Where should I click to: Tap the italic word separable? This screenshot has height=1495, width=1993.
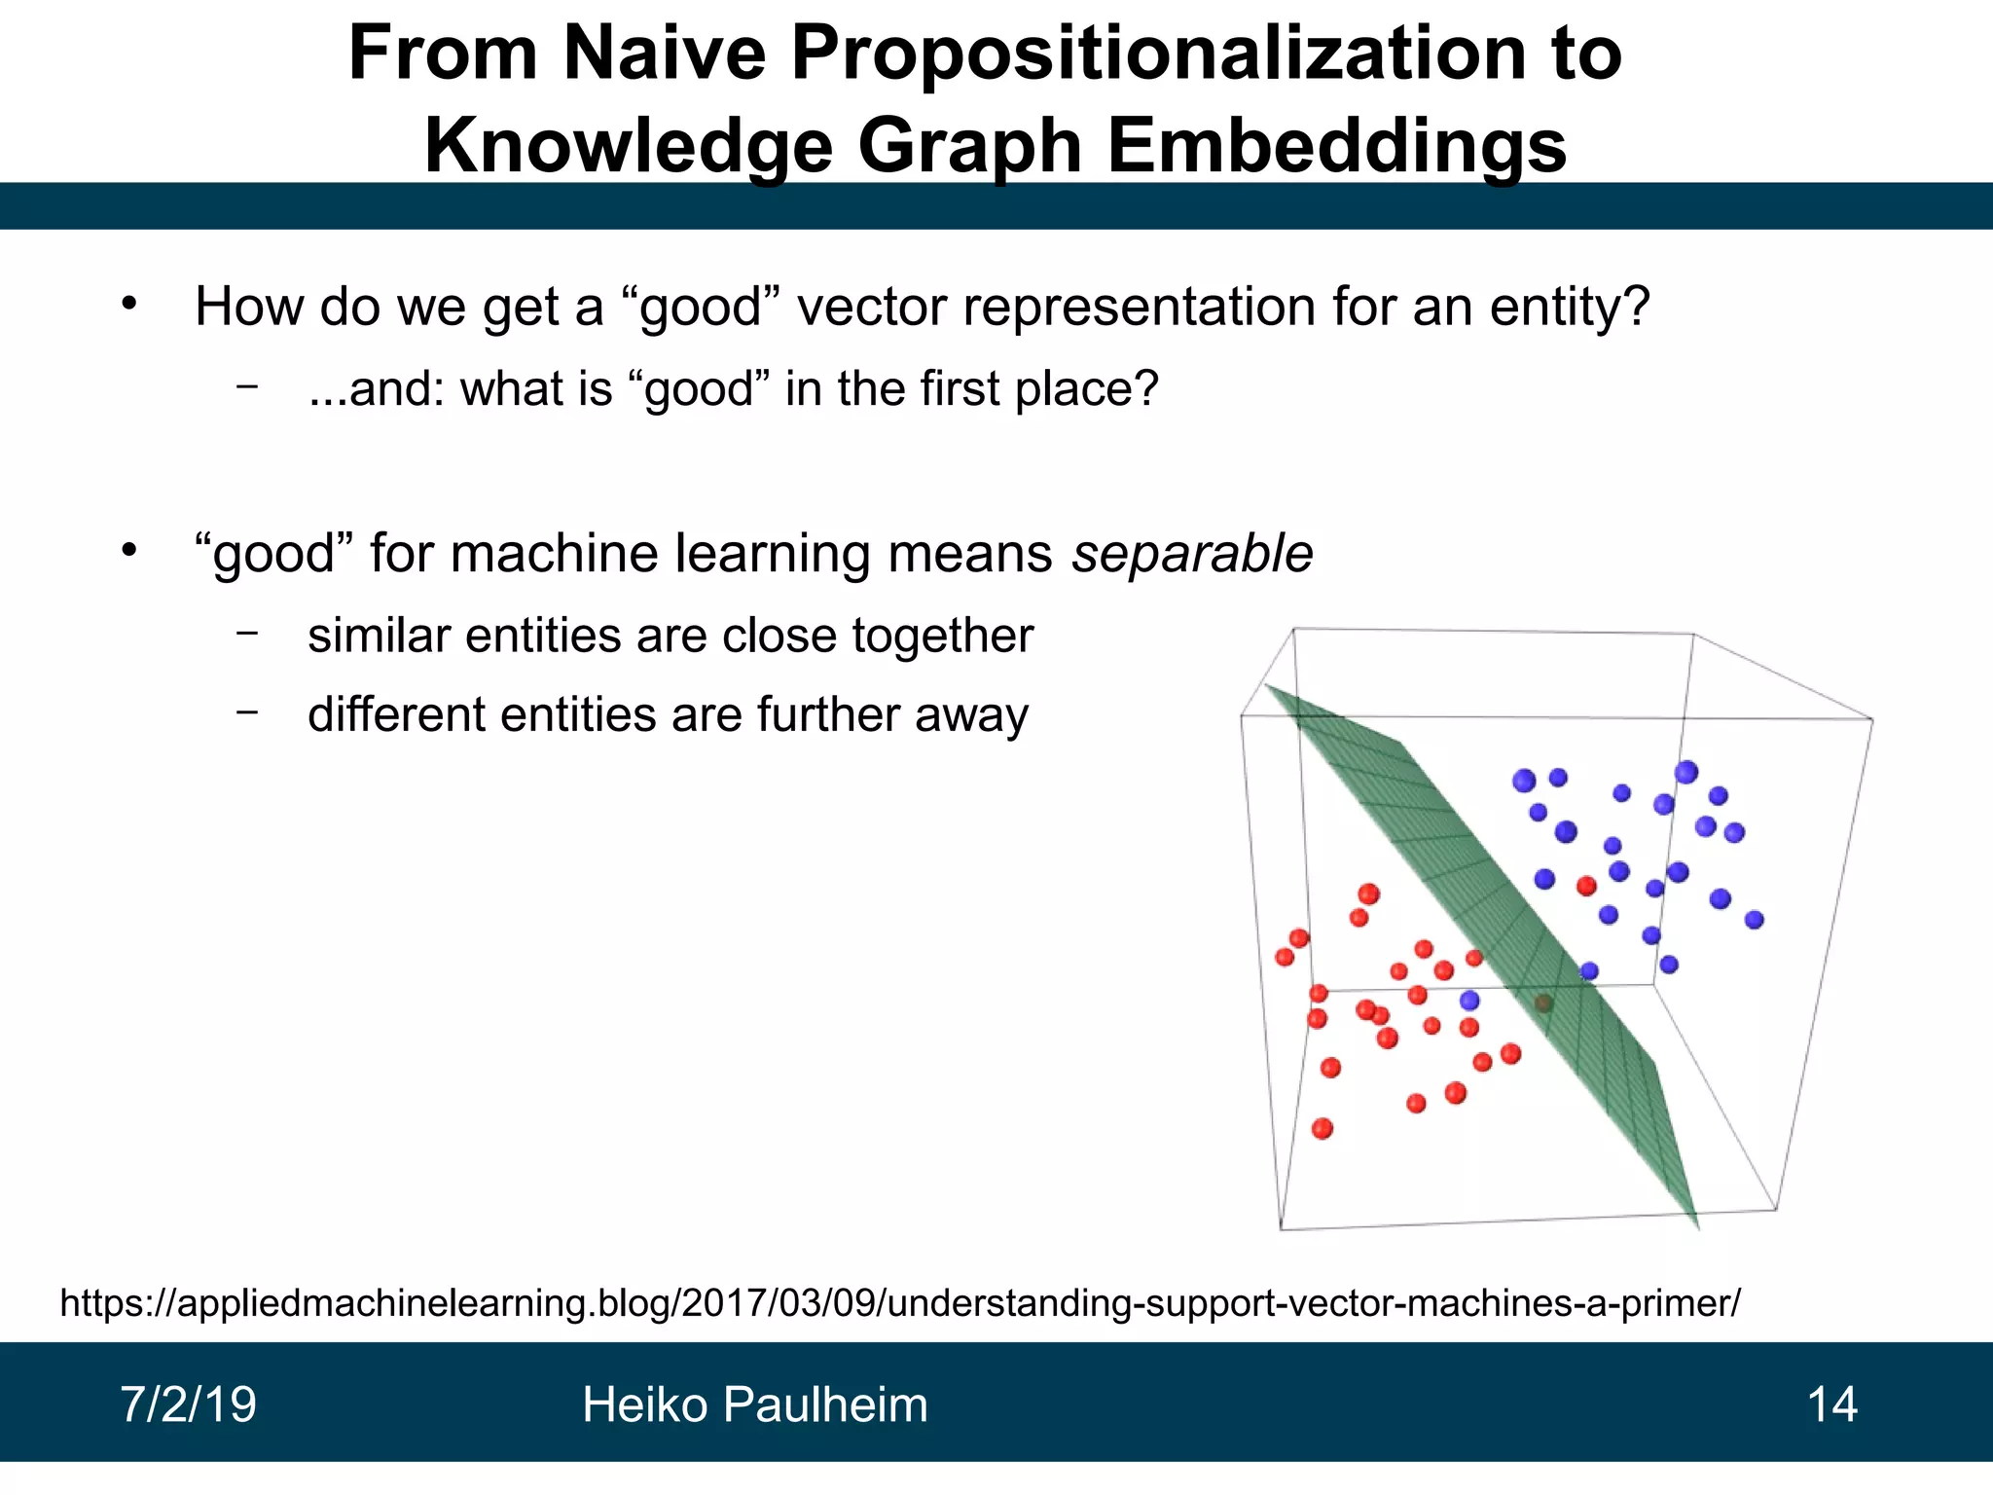(x=1192, y=554)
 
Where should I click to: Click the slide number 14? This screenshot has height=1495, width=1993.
(x=1831, y=1405)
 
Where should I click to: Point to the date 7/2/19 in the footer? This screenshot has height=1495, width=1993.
(x=188, y=1405)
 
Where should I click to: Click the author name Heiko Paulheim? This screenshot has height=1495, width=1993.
(x=754, y=1405)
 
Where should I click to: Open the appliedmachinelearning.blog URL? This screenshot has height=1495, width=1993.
(x=899, y=1302)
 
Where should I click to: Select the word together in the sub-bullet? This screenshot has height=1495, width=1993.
(x=942, y=637)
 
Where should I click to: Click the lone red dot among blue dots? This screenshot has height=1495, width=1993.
(x=1586, y=886)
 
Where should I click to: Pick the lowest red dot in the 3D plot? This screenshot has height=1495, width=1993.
(x=1322, y=1129)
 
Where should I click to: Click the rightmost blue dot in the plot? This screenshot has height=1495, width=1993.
(x=1754, y=920)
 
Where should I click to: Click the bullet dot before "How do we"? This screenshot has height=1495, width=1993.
(x=129, y=305)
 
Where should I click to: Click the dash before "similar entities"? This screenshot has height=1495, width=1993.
(x=247, y=634)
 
